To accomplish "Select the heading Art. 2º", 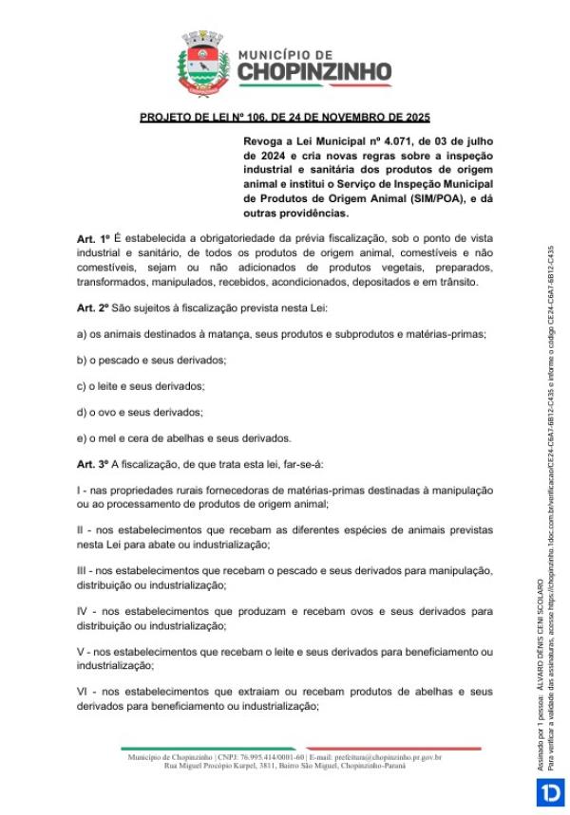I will pos(94,307).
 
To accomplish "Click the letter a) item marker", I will pos(82,334).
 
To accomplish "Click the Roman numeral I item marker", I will pos(79,489).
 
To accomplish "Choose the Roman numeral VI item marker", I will pos(83,692).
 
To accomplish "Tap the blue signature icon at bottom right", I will pos(550,793).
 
